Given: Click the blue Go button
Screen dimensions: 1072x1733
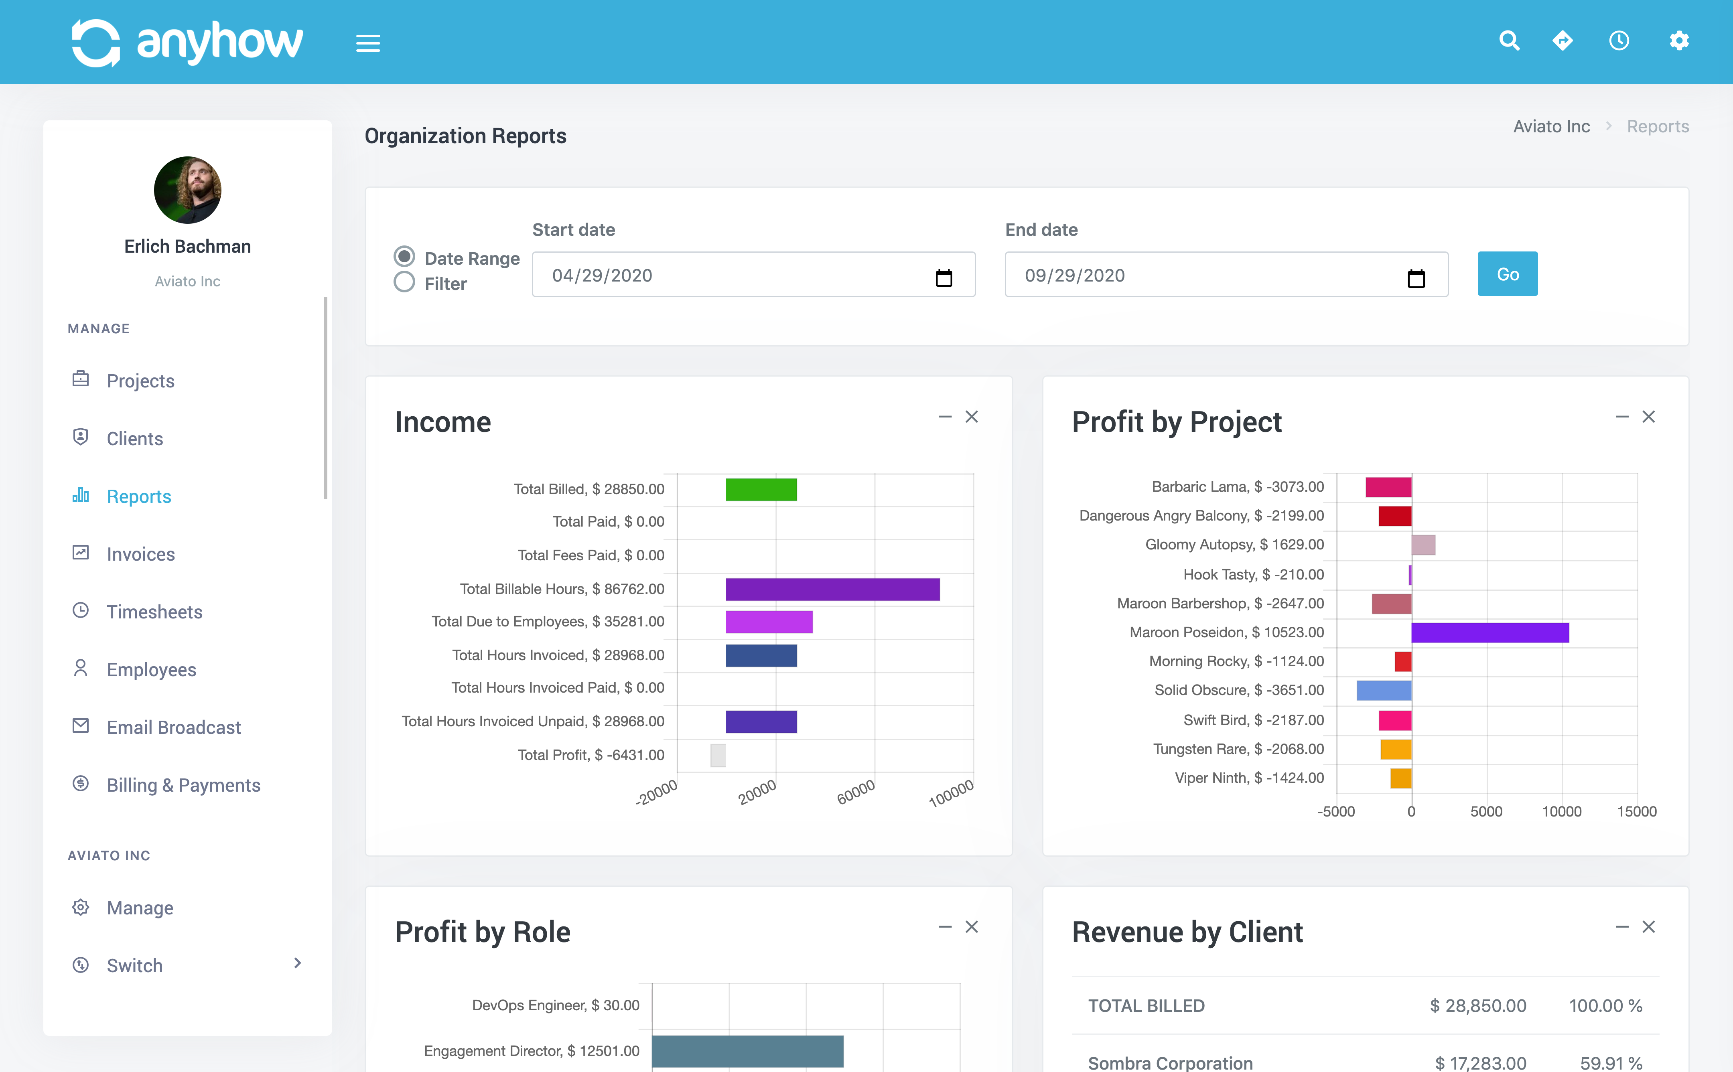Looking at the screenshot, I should pos(1507,274).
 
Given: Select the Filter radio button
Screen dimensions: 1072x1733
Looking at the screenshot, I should pos(404,283).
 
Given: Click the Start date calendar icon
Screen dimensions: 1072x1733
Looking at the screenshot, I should pos(943,277).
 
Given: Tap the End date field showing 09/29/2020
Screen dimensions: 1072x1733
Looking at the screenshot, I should pos(1205,275).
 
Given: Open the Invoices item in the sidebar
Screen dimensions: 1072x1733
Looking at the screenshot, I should pos(140,554).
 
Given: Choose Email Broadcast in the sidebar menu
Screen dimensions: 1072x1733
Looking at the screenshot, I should pos(174,728).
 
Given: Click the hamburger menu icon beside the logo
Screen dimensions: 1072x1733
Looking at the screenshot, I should pos(368,43).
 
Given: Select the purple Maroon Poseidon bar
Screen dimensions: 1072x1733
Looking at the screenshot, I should pos(1490,632).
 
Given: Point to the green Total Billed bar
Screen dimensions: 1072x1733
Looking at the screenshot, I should pos(761,489).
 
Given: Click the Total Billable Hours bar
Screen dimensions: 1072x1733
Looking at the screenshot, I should pos(832,589).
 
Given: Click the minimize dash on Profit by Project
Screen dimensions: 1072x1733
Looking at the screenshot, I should pos(1621,417).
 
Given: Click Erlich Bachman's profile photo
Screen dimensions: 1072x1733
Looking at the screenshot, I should pos(187,190).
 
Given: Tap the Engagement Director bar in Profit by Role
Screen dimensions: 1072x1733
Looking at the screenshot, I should pos(747,1051).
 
